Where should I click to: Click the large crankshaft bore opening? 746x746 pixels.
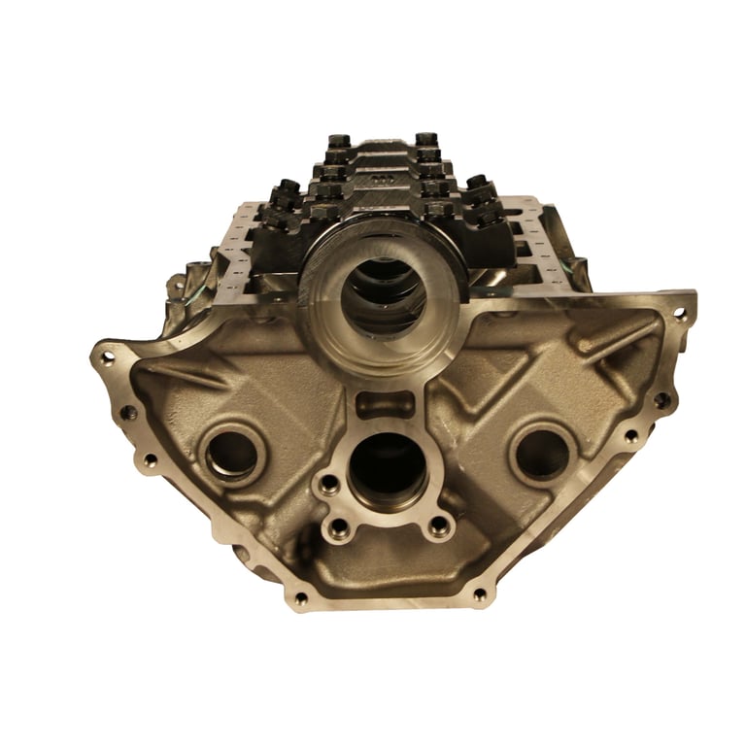(x=387, y=290)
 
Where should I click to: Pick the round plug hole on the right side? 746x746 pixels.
(x=541, y=452)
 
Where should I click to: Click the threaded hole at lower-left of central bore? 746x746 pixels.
(x=339, y=527)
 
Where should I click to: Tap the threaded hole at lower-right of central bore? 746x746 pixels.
(x=440, y=526)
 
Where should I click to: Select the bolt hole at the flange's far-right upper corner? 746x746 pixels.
(x=679, y=314)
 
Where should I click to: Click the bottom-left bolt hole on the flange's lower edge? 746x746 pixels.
(x=300, y=597)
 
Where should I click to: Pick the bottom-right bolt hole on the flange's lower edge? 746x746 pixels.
(x=479, y=594)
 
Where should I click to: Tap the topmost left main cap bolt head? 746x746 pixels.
(x=339, y=142)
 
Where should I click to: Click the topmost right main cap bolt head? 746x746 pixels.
(x=425, y=141)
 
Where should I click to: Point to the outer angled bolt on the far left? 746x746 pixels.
(x=288, y=187)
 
